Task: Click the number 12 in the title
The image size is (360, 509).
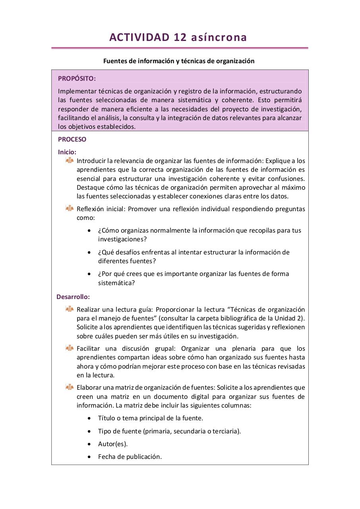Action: tap(180, 37)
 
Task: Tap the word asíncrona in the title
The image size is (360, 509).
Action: tap(219, 37)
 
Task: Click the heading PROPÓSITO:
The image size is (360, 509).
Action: tap(77, 78)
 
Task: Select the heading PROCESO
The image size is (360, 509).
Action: tap(72, 140)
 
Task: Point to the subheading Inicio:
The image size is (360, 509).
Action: tap(67, 152)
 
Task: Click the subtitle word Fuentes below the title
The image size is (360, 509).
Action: tap(116, 61)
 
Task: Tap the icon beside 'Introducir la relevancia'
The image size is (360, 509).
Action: tap(70, 160)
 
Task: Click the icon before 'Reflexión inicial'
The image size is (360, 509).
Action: tap(70, 208)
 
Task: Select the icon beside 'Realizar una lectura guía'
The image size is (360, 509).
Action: tap(70, 309)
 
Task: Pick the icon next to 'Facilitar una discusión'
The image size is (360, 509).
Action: tap(70, 348)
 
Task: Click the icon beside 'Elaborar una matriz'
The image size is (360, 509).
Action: tap(70, 387)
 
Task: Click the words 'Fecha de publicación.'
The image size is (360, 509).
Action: tap(130, 457)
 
